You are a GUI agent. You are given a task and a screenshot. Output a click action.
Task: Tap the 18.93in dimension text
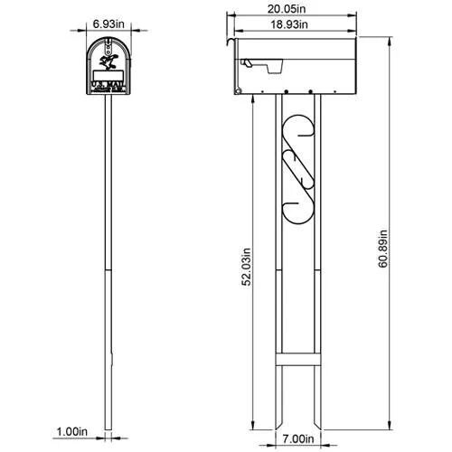pos(275,25)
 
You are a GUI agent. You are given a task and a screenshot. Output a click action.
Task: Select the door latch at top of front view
pos(109,39)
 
